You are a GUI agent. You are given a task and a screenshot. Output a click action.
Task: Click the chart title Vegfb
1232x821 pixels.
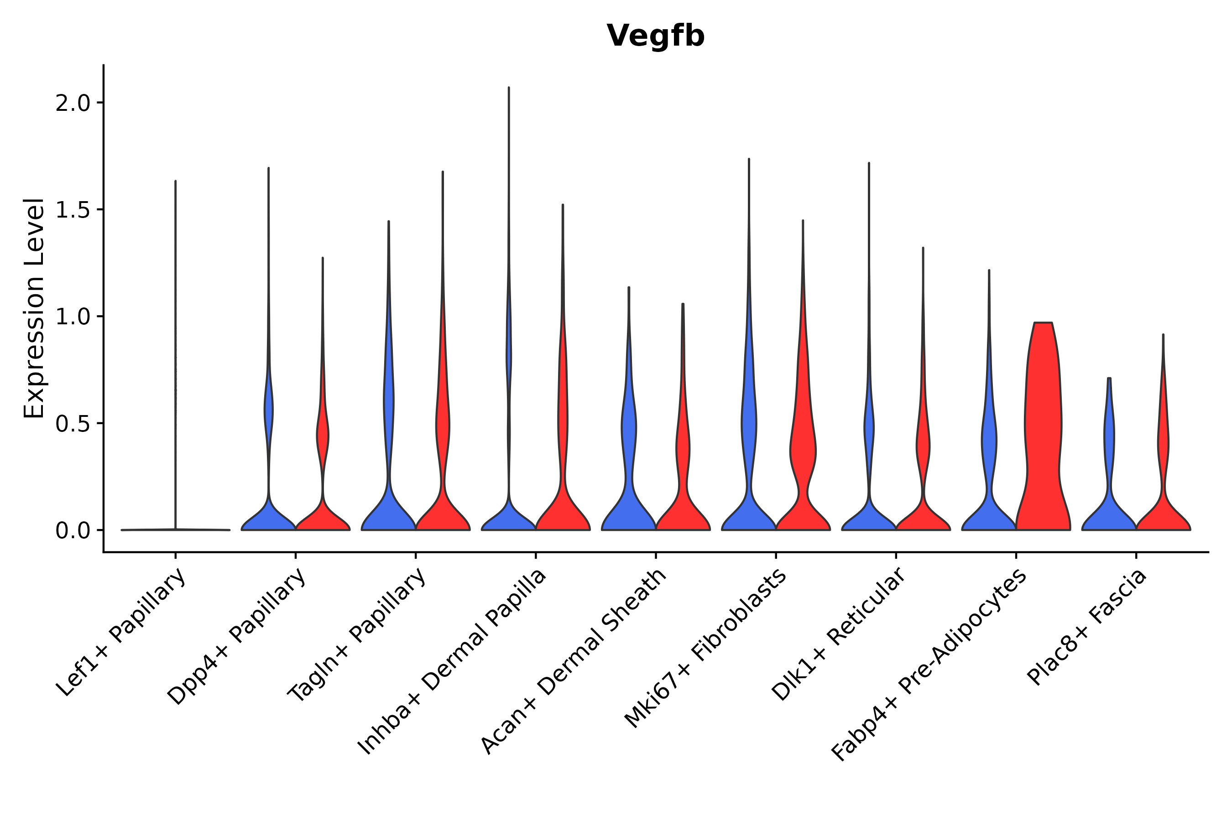[x=655, y=36]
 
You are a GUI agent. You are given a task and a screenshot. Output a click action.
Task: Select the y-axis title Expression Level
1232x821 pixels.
[x=34, y=308]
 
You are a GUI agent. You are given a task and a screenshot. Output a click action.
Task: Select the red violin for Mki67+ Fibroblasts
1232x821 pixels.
[x=803, y=450]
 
